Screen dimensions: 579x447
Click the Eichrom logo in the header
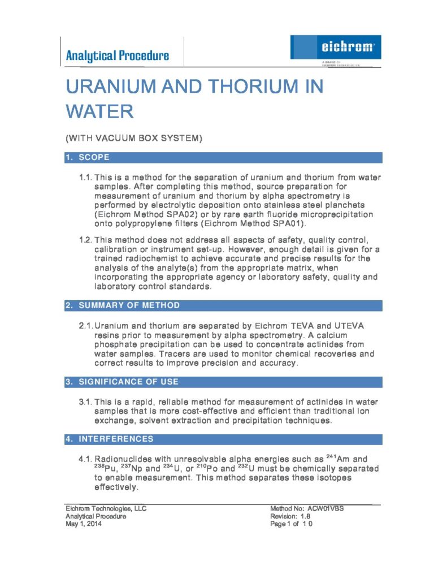tap(335, 47)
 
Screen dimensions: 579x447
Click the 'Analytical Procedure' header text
tap(117, 55)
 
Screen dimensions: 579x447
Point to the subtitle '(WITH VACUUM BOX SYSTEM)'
tap(134, 138)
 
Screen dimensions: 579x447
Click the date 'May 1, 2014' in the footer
tap(84, 524)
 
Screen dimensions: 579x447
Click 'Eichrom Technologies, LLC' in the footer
tap(106, 508)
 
